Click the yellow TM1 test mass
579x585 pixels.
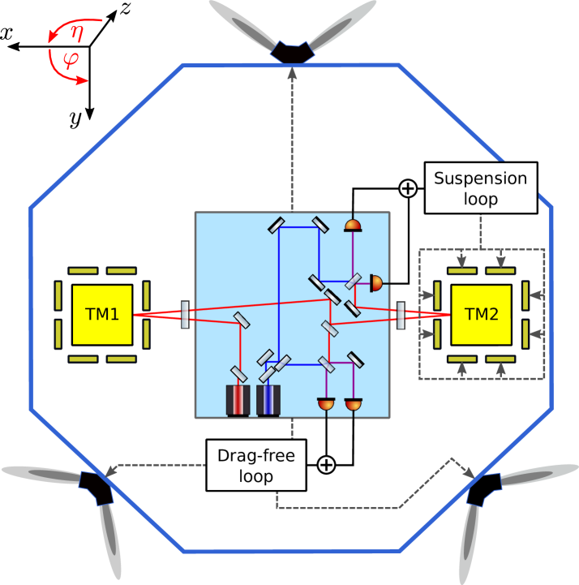coord(101,314)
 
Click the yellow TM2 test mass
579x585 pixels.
coord(481,314)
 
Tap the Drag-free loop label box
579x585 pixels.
coord(256,465)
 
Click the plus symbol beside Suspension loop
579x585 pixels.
coord(408,188)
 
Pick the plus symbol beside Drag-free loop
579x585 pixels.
coord(325,465)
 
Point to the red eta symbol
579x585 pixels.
coord(76,32)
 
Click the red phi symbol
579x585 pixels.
coord(71,60)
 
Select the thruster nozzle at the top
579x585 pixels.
coord(292,52)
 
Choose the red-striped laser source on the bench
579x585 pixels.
coord(238,400)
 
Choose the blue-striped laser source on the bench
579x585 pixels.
coord(268,400)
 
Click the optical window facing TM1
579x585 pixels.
coord(186,314)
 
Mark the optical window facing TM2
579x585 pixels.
coord(401,314)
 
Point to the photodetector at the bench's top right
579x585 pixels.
coord(353,224)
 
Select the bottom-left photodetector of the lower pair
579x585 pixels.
coord(327,403)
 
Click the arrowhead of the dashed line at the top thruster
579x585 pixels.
coord(292,71)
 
